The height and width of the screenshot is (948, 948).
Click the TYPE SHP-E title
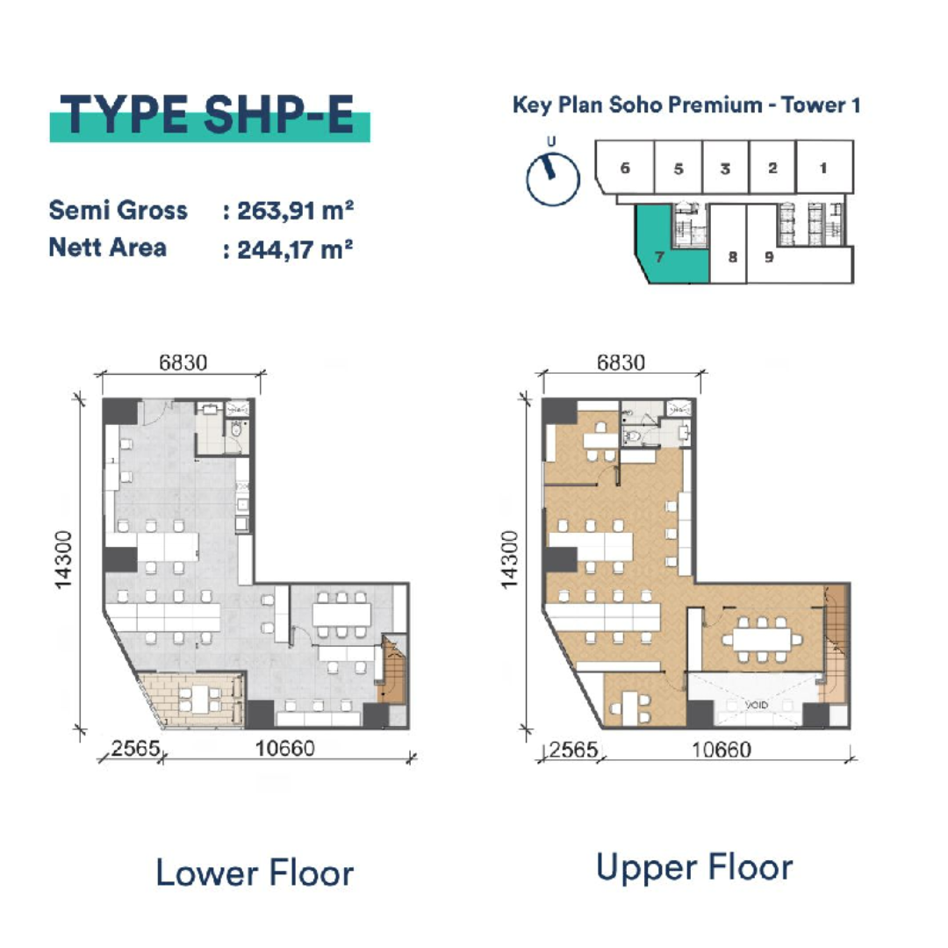[207, 115]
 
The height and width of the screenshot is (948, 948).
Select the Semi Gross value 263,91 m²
[295, 211]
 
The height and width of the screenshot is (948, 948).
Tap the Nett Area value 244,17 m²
[295, 249]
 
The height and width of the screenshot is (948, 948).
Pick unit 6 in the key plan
[625, 168]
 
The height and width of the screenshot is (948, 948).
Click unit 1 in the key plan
[824, 168]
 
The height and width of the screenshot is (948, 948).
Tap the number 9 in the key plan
[769, 257]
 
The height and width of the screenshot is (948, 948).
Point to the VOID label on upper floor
[757, 705]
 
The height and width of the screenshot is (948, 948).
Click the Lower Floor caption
[255, 873]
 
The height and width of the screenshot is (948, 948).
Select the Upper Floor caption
[694, 867]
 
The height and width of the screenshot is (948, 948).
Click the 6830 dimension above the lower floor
[183, 363]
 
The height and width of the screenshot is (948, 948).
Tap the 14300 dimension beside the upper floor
[510, 559]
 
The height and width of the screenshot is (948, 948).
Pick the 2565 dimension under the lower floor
[136, 749]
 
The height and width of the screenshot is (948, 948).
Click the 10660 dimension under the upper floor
[722, 750]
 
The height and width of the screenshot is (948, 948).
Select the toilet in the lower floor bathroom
[236, 428]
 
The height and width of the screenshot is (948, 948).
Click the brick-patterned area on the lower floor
[190, 699]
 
